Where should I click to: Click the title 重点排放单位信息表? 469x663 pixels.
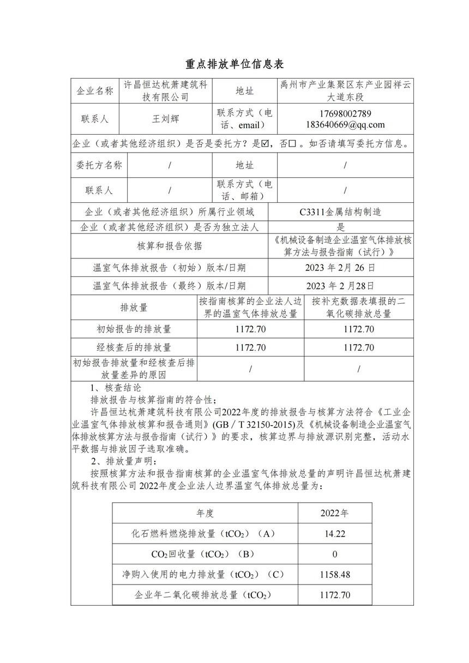pos(234,64)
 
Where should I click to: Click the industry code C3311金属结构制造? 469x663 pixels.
pos(340,212)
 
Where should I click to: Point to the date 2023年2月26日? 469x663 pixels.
pos(341,268)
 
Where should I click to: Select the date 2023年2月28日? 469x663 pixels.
pos(341,285)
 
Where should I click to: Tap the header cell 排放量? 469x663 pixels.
pos(134,308)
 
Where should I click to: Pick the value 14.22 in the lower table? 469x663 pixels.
pos(334,534)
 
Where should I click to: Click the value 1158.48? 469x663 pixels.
pos(334,574)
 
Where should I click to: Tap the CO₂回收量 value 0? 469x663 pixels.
pos(334,554)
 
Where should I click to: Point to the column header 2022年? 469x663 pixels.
pos(334,514)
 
